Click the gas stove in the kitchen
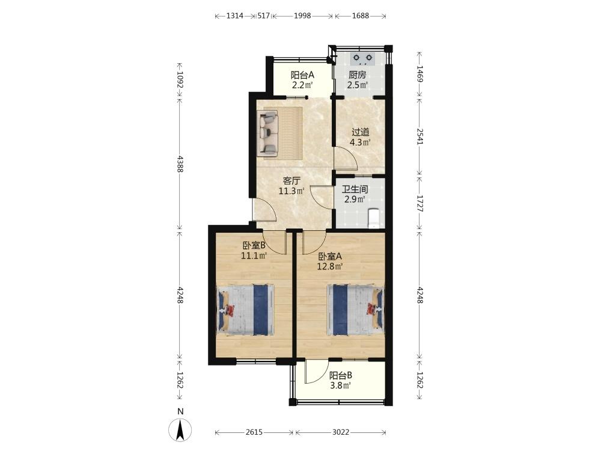click(363, 58)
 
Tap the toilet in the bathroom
click(373, 218)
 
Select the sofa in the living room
click(267, 134)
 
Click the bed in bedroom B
click(246, 310)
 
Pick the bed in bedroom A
click(355, 310)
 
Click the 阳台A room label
click(302, 75)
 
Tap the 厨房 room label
click(357, 75)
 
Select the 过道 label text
click(360, 132)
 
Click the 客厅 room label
click(291, 180)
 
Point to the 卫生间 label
click(355, 189)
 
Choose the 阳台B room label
click(341, 375)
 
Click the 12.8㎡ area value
click(329, 266)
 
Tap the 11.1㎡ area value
click(254, 256)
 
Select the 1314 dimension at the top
click(235, 16)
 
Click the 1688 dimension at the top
click(360, 16)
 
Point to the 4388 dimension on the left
click(179, 164)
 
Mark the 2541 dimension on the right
click(419, 136)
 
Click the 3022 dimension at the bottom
click(341, 432)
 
